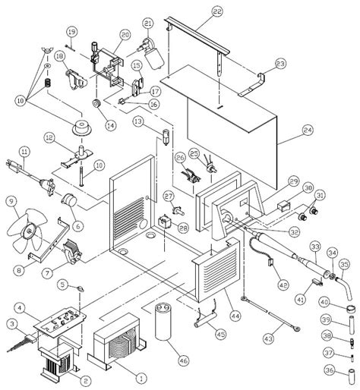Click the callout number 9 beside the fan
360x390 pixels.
tap(11, 201)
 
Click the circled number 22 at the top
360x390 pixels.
tap(196, 11)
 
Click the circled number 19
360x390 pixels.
tap(71, 31)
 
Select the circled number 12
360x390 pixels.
tap(49, 137)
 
